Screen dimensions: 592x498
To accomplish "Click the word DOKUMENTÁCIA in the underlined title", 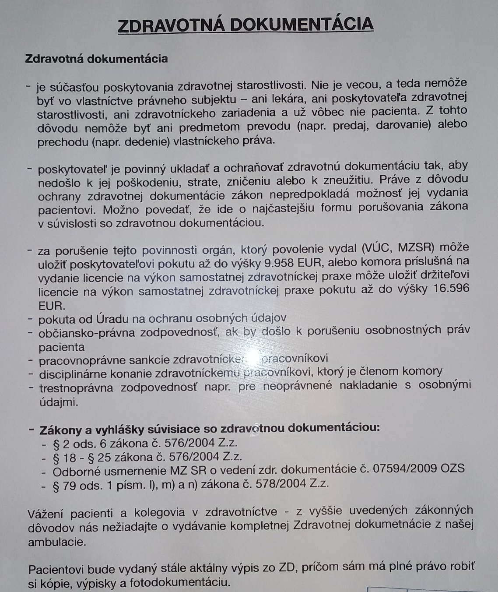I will (x=302, y=25).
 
